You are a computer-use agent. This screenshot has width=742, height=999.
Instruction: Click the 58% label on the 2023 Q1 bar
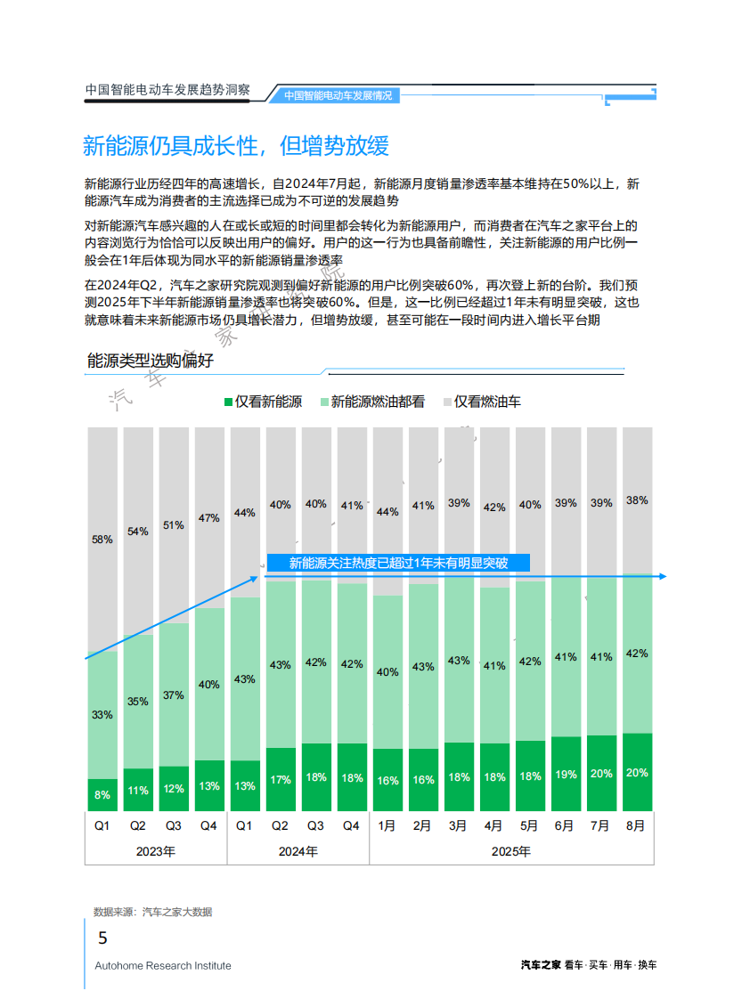102,540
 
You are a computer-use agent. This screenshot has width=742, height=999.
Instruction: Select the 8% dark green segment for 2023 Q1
102,794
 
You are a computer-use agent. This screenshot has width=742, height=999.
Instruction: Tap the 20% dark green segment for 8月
636,772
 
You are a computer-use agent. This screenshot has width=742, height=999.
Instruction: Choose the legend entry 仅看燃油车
486,402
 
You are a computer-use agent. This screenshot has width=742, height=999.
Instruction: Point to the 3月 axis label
458,826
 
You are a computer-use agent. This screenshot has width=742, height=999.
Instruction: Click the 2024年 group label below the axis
298,851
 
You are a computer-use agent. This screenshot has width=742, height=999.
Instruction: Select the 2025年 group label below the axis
511,851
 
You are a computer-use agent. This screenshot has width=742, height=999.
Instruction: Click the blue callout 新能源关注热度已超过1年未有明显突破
398,563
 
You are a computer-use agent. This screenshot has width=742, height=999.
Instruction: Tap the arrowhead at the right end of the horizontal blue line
662,577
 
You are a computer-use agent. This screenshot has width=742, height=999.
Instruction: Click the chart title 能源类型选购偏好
150,361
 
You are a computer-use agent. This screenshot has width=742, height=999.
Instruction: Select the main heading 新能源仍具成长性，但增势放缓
235,146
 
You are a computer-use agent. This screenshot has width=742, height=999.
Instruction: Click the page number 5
102,938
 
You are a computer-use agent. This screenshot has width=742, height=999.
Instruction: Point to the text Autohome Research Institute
163,966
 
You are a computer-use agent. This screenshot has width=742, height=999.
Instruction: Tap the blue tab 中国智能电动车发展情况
338,95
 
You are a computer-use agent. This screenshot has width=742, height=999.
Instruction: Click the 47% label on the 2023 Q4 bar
208,518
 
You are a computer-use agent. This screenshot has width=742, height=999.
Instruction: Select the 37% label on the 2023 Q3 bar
173,695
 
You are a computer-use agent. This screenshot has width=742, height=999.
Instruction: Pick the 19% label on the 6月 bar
565,775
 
